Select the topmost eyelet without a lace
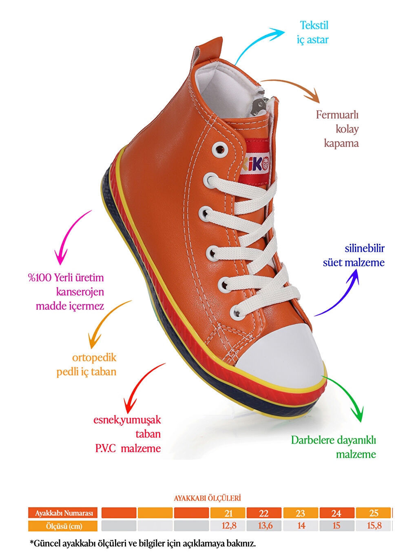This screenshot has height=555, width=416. click(x=220, y=149)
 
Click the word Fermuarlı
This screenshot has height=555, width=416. click(x=337, y=115)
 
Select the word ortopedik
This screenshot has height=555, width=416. click(x=94, y=358)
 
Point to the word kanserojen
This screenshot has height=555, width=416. click(x=80, y=292)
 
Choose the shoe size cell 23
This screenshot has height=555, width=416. click(x=300, y=513)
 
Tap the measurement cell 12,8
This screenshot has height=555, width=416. click(x=229, y=526)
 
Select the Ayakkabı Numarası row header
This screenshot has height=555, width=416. click(x=63, y=513)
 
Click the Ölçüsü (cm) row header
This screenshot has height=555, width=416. click(x=63, y=526)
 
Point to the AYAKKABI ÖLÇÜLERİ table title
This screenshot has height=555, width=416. click(x=207, y=498)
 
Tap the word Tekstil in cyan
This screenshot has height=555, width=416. click(x=314, y=25)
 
